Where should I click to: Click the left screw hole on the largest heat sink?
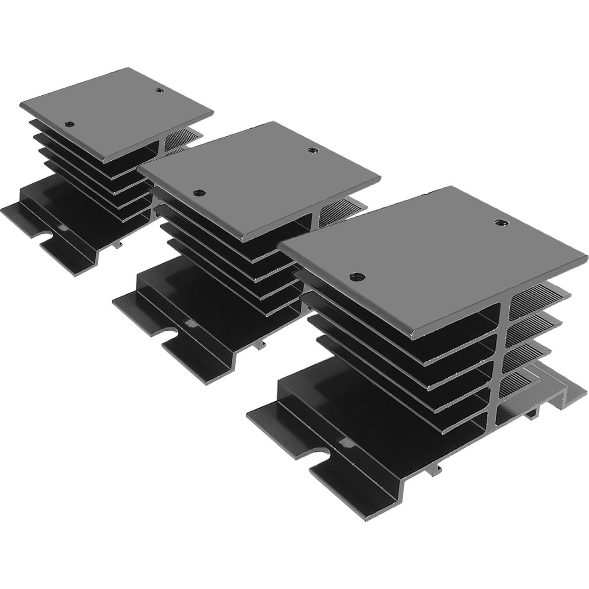coord(355,275)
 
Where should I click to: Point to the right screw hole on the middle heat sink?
coord(311,150)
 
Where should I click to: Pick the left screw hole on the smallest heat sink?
coord(71,124)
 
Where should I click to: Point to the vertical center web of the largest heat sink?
coord(503,362)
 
